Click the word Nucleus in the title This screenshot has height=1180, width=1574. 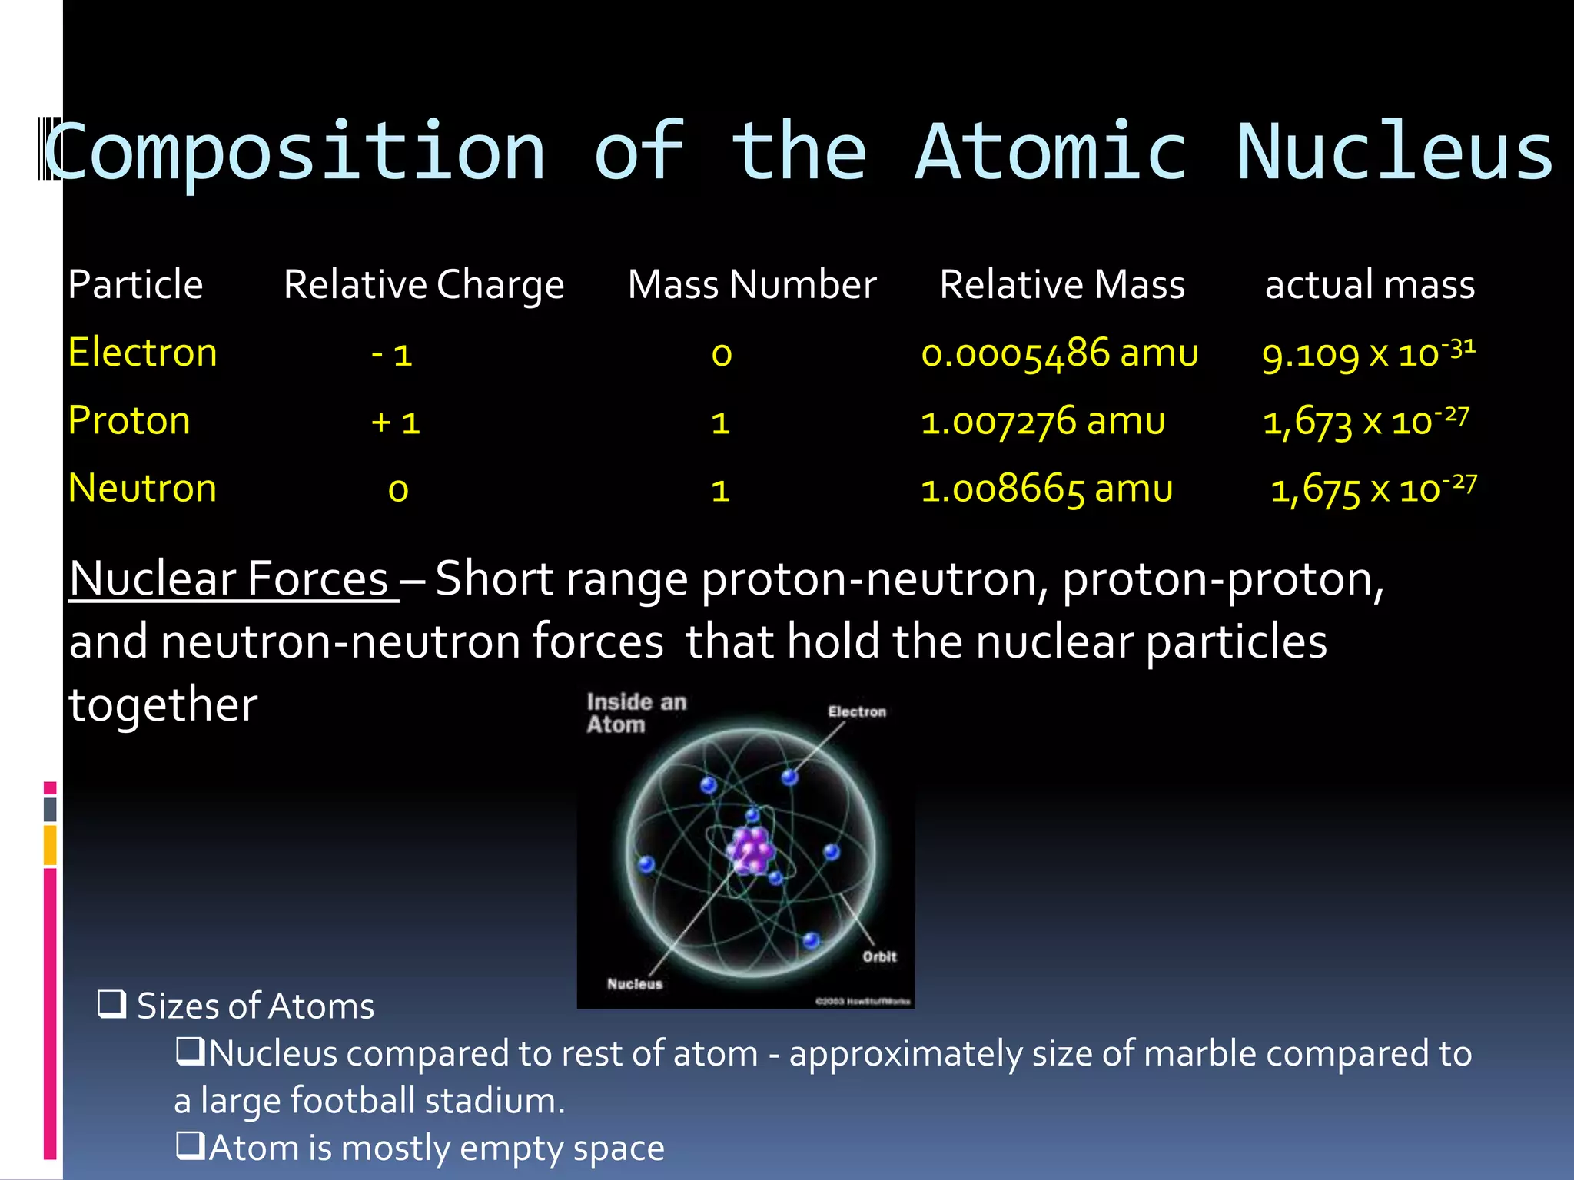coord(1395,152)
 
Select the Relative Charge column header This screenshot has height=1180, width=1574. coord(423,285)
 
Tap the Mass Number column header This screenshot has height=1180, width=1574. coord(752,285)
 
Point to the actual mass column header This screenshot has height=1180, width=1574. coord(1370,285)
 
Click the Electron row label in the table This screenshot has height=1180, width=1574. coord(142,353)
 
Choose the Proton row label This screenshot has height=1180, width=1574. coord(129,421)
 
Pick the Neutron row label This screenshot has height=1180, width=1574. coord(142,489)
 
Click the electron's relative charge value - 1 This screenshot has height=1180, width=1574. coord(392,355)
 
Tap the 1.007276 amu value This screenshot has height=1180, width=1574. coord(1043,422)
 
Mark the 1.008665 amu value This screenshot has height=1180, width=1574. coord(1047,489)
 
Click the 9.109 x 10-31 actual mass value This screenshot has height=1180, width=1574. coord(1368,353)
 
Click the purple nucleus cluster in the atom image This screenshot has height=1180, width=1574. coord(751,850)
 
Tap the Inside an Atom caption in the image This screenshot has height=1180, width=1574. coord(635,713)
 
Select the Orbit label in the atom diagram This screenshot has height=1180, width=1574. coord(879,956)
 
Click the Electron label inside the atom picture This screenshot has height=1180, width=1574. coord(856,711)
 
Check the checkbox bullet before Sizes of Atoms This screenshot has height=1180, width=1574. coord(111,1004)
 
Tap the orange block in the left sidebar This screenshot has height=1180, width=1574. coord(50,844)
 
